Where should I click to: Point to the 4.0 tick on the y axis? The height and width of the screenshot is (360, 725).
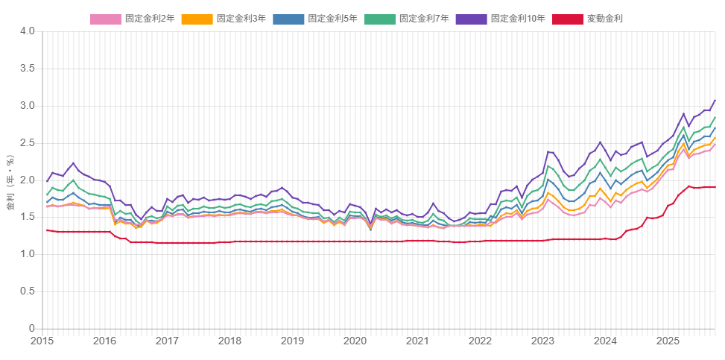28,31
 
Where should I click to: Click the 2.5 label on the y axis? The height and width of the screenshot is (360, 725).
28,143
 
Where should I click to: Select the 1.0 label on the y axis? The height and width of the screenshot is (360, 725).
28,254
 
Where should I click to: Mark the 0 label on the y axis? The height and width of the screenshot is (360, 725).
32,329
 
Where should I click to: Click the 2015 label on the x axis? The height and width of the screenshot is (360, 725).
42,341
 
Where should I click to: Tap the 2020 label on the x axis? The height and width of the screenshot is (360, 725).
355,341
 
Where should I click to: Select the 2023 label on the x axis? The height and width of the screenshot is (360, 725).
542,341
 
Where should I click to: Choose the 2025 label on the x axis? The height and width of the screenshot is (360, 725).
668,341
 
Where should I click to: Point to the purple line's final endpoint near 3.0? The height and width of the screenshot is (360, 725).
715,100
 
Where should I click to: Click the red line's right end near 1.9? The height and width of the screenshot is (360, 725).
715,187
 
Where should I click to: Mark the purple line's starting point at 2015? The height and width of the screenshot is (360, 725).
47,181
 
